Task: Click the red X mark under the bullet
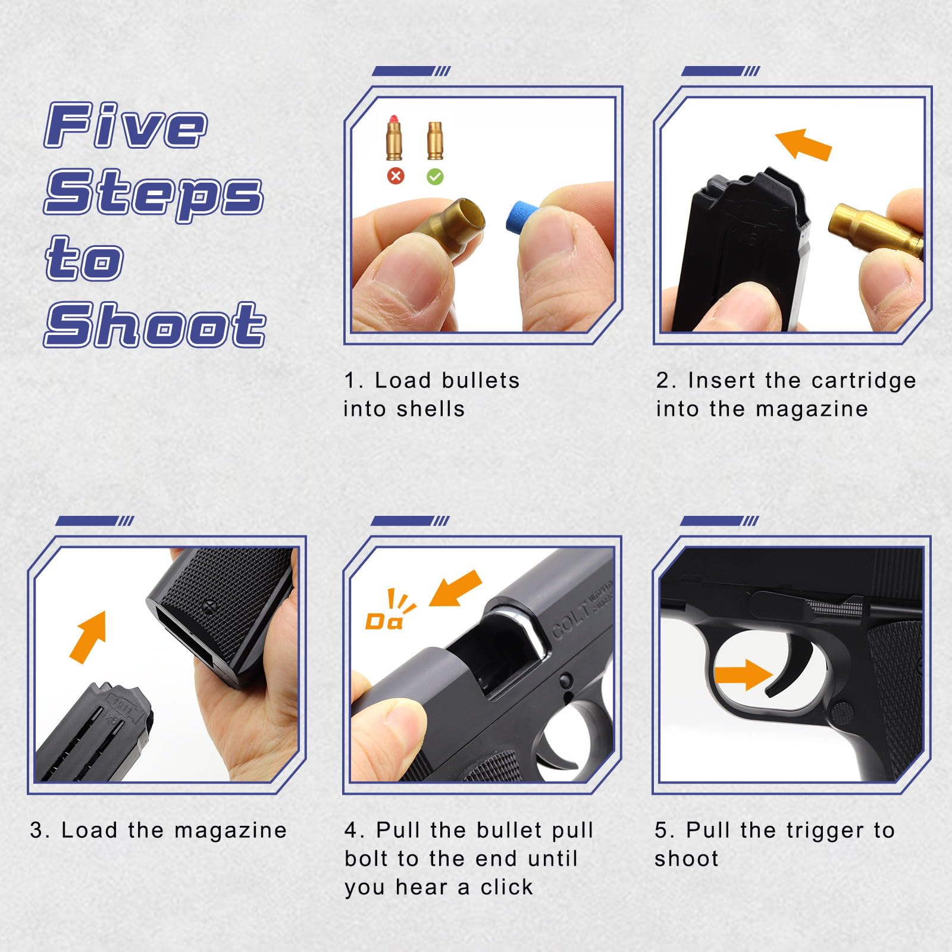point(396,176)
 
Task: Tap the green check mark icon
point(436,176)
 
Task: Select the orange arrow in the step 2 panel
point(803,145)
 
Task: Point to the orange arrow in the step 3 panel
point(88,637)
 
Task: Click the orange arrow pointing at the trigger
point(743,675)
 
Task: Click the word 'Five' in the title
point(126,125)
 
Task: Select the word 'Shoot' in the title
point(155,324)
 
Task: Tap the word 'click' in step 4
point(506,887)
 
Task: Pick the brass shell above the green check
point(435,141)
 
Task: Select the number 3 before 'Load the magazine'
point(36,831)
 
